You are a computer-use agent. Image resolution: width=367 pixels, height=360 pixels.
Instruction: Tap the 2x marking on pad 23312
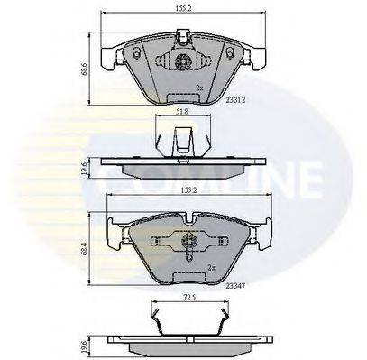[198, 88]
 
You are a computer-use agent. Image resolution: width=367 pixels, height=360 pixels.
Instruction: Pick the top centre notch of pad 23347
[189, 217]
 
